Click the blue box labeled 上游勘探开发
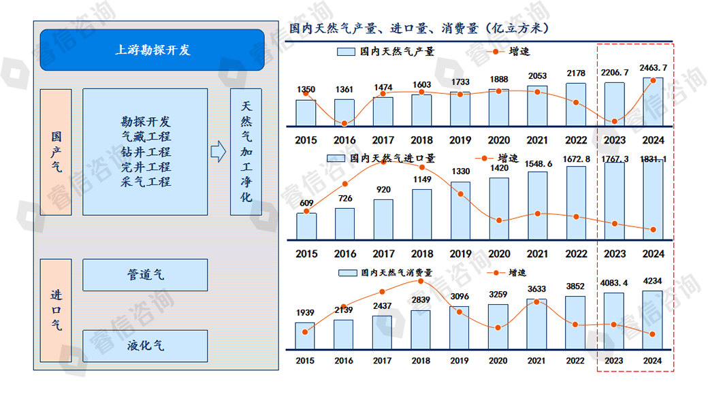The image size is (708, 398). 152,50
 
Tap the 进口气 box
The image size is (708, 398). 57,310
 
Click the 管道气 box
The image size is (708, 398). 145,275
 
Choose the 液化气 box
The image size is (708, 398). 145,346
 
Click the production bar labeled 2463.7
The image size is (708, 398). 653,102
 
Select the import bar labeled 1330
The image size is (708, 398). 460,210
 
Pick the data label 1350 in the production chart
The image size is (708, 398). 306,90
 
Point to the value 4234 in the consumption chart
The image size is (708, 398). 653,281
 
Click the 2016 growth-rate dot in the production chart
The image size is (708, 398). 344,123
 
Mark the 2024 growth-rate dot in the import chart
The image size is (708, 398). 653,229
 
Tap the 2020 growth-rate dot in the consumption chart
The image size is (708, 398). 498,328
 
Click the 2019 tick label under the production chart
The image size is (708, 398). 460,140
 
